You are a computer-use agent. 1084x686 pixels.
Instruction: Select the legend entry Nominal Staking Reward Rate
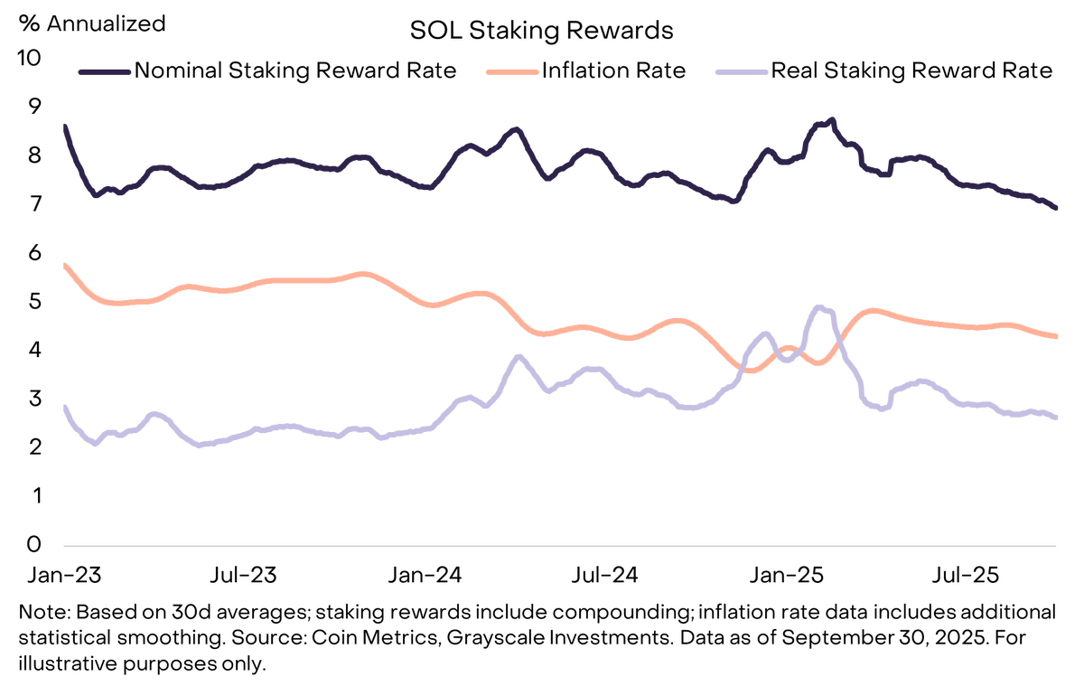[294, 70]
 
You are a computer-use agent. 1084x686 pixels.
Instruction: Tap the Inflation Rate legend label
[613, 70]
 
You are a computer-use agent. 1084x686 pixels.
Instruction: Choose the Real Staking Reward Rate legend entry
[911, 70]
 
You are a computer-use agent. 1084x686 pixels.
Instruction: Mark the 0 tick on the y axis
[34, 544]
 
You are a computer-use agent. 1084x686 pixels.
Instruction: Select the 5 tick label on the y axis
[34, 301]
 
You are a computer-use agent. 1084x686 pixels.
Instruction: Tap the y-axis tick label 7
[34, 204]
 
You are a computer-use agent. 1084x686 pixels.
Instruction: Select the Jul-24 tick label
[606, 576]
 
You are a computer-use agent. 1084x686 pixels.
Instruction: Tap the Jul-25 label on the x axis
[965, 576]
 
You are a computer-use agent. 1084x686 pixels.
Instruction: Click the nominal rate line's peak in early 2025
[831, 119]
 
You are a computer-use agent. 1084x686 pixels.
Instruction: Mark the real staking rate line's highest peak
[818, 308]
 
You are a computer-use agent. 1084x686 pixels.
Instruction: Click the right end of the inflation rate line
[1055, 336]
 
